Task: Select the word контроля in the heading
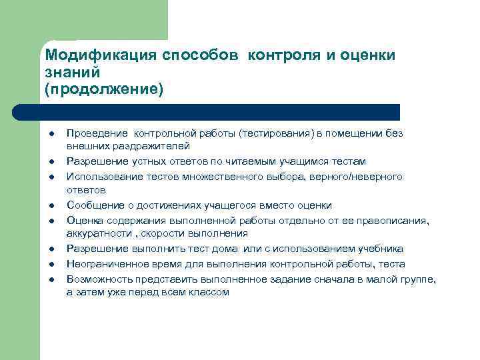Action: pos(284,56)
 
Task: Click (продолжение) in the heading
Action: pos(103,89)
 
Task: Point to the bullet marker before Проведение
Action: pos(50,133)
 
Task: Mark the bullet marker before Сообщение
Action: pos(50,206)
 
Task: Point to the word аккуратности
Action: pos(96,233)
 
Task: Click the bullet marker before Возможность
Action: pos(50,279)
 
